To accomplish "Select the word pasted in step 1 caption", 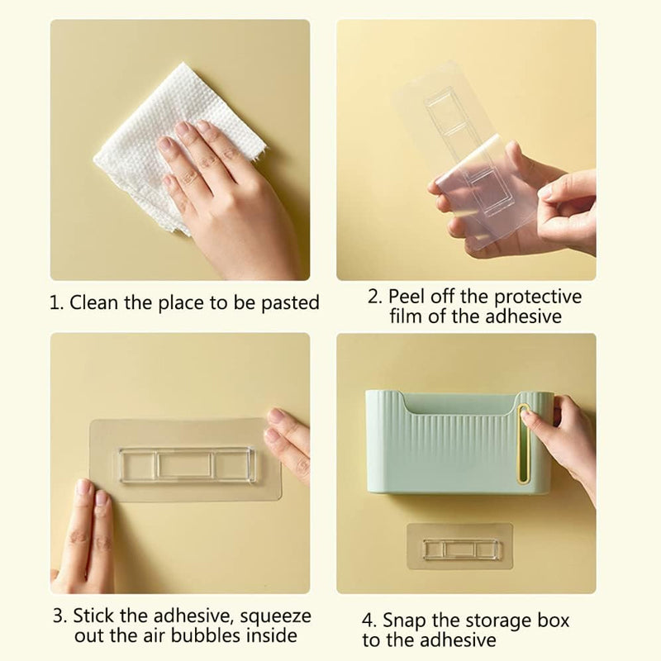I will pyautogui.click(x=290, y=303).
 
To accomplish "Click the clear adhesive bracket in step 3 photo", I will pyautogui.click(x=187, y=465).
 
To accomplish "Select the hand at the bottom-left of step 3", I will pyautogui.click(x=89, y=537).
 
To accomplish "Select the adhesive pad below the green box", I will pyautogui.click(x=459, y=547).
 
